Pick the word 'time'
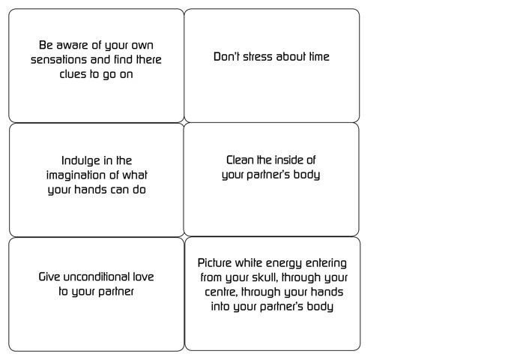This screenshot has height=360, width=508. coord(319,57)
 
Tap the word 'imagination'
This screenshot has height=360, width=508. coord(76,175)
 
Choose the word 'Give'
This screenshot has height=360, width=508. coord(49,277)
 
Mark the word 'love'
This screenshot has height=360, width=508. coord(143,277)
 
